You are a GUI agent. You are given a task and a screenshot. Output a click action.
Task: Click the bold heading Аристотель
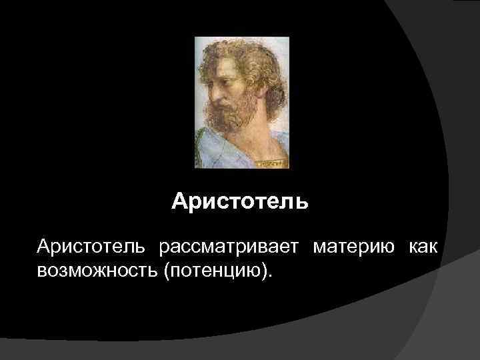click(x=240, y=201)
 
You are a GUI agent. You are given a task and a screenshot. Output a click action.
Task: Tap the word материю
click(x=351, y=247)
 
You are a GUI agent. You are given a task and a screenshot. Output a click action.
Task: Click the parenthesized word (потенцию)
click(x=215, y=271)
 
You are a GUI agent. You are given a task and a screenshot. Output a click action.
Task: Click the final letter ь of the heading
click(x=303, y=201)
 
